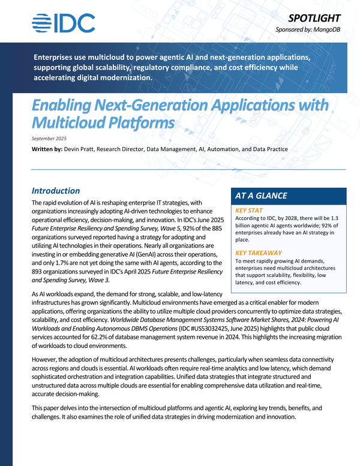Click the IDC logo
coord(63,23)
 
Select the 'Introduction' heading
coord(56,191)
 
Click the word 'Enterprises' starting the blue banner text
coord(62,57)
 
